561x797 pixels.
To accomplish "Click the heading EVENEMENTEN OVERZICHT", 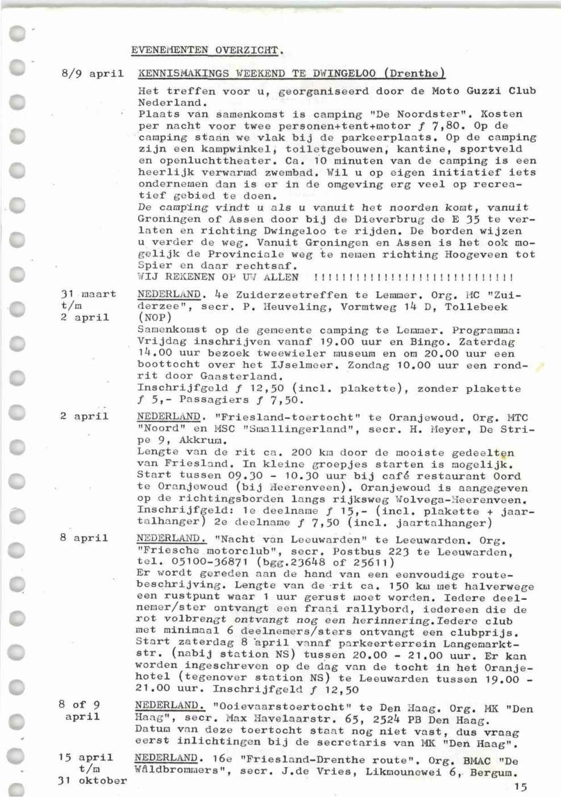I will tap(207, 50).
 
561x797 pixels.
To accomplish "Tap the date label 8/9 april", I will tap(92, 74).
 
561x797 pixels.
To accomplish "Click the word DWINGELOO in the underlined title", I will tap(340, 73).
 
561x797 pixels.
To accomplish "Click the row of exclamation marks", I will tap(413, 277).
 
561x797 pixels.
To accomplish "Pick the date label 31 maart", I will tap(88, 294).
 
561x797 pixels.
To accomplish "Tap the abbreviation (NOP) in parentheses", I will tap(155, 318).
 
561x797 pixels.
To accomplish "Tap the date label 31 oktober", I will tap(92, 781).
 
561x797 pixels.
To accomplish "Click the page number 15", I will tap(520, 787).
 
